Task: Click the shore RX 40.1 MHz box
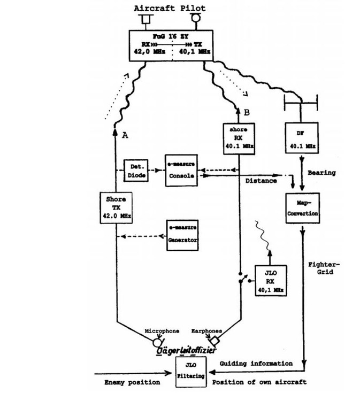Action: point(239,137)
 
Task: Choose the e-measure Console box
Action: point(181,171)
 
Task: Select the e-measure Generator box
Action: point(181,235)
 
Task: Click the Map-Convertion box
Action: point(303,207)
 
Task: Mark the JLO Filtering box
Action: point(190,371)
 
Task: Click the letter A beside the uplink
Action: point(126,136)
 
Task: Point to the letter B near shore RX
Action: point(246,112)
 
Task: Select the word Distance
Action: point(261,180)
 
